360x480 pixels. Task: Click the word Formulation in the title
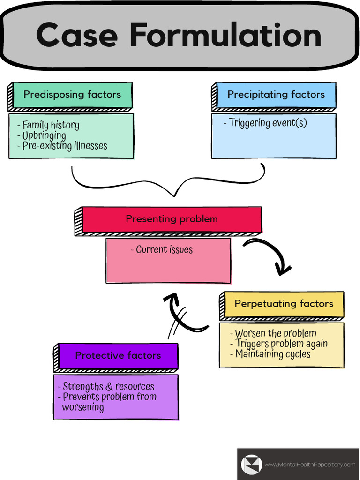(x=225, y=36)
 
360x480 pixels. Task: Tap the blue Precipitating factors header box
(x=276, y=95)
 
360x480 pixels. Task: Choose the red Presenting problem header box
(x=172, y=219)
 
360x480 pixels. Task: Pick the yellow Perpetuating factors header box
(x=284, y=304)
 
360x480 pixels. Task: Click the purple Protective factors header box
(x=118, y=355)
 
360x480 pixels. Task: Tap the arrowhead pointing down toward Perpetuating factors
(x=283, y=270)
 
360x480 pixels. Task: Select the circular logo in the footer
(x=251, y=464)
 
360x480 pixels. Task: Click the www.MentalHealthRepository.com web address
(x=310, y=465)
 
